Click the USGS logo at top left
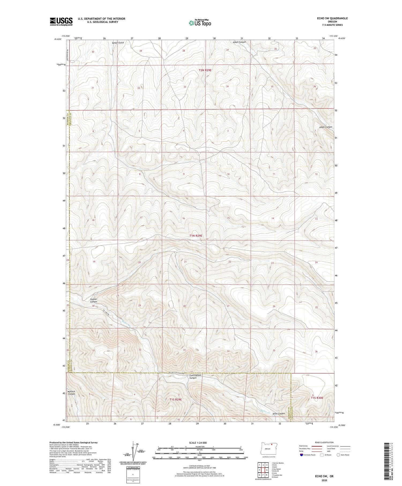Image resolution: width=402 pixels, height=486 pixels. pyautogui.click(x=61, y=21)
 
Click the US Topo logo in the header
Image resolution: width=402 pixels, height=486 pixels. pyautogui.click(x=200, y=23)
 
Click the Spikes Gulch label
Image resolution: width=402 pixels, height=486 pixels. pyautogui.click(x=118, y=43)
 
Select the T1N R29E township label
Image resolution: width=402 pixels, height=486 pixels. pyautogui.click(x=196, y=236)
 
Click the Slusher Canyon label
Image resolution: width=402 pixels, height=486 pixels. pyautogui.click(x=94, y=300)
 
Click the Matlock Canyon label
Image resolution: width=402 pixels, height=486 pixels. pyautogui.click(x=72, y=393)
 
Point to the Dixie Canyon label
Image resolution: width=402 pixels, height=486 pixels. pyautogui.click(x=279, y=414)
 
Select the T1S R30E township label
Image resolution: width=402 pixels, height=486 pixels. pyautogui.click(x=317, y=398)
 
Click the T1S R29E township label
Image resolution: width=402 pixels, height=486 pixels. pyautogui.click(x=176, y=399)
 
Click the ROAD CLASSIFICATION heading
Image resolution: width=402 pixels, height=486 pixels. pyautogui.click(x=324, y=442)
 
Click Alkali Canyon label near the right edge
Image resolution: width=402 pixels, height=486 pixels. pyautogui.click(x=326, y=127)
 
